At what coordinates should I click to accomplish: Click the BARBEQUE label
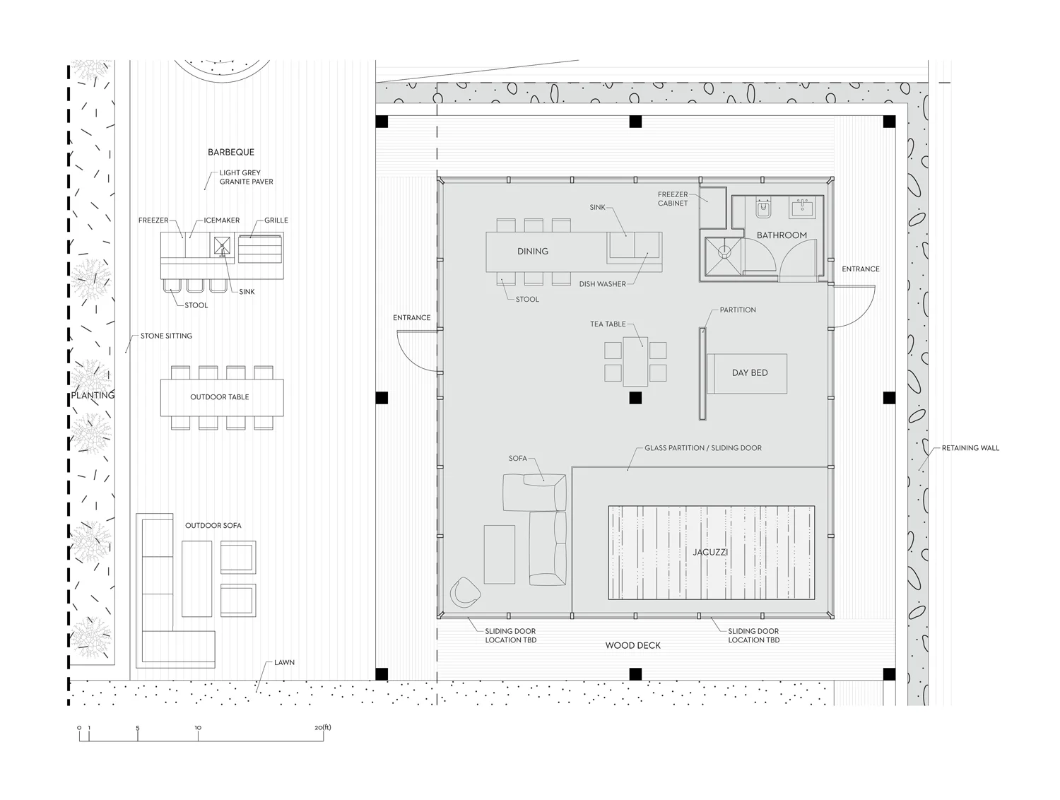pyautogui.click(x=231, y=152)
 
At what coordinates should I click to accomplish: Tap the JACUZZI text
pyautogui.click(x=710, y=553)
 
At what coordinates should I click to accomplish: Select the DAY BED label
pyautogui.click(x=750, y=372)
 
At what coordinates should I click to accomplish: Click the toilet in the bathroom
pyautogui.click(x=763, y=208)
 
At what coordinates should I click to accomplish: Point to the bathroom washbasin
pyautogui.click(x=802, y=207)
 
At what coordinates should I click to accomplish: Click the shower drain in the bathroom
pyautogui.click(x=724, y=251)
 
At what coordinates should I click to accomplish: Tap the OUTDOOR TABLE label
pyautogui.click(x=220, y=397)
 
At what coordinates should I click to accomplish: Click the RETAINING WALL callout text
pyautogui.click(x=970, y=448)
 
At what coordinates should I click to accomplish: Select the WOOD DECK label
pyautogui.click(x=632, y=645)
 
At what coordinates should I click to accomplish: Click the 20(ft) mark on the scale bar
pyautogui.click(x=323, y=728)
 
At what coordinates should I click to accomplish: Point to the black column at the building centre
pyautogui.click(x=635, y=398)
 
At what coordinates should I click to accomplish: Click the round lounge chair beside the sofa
pyautogui.click(x=465, y=592)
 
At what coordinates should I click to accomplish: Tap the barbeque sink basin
pyautogui.click(x=222, y=246)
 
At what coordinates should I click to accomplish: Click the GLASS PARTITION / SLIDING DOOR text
pyautogui.click(x=703, y=448)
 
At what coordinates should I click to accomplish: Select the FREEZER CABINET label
pyautogui.click(x=673, y=199)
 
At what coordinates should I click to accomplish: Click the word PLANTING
pyautogui.click(x=93, y=396)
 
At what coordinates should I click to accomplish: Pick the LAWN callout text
pyautogui.click(x=285, y=662)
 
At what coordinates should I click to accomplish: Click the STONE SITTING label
pyautogui.click(x=166, y=336)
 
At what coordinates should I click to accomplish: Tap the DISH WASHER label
pyautogui.click(x=602, y=284)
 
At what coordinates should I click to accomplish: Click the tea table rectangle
pyautogui.click(x=635, y=361)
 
